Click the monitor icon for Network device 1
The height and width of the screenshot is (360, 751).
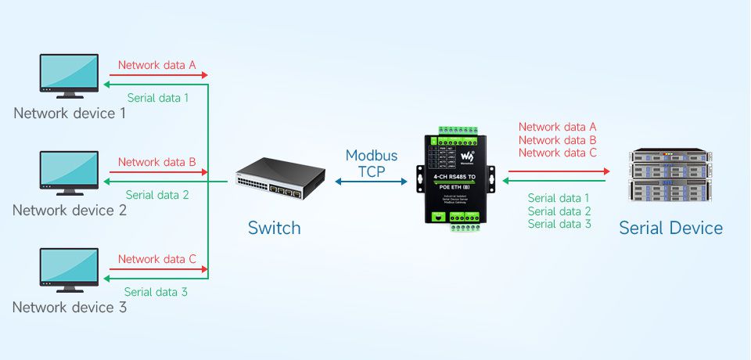69,75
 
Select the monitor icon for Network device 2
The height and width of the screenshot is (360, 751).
69,173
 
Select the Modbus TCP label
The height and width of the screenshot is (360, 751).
372,164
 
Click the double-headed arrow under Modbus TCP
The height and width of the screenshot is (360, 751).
372,182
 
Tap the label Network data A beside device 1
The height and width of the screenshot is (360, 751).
156,66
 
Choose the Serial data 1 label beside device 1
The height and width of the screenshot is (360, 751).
158,98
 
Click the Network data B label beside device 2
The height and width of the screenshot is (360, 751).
156,162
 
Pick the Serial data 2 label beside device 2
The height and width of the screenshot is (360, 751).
157,195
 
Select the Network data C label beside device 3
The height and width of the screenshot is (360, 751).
156,259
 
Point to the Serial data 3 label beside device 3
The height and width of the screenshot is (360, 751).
156,292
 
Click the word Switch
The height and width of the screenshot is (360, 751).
274,229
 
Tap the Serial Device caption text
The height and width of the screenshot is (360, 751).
670,228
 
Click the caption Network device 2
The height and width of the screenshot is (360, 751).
70,211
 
